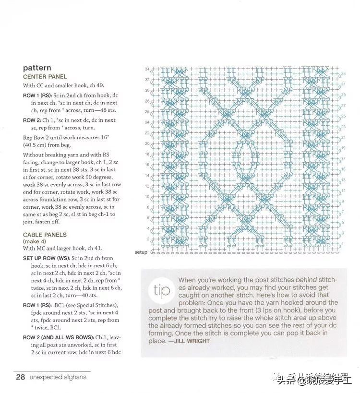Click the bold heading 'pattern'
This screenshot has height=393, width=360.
(37, 68)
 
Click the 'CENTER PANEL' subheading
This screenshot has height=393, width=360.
(45, 77)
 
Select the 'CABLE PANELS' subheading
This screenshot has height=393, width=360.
(45, 235)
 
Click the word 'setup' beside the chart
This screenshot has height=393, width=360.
(141, 252)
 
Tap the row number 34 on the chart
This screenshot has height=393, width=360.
(147, 69)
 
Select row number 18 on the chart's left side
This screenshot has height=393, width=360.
(147, 154)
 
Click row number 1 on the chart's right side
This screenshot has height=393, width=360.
(342, 244)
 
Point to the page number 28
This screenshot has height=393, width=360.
(20, 377)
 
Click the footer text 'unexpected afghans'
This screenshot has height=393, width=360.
(58, 377)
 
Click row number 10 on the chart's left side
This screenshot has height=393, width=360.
(147, 197)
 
